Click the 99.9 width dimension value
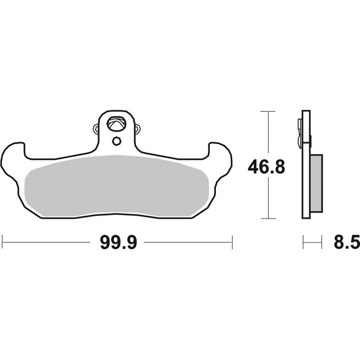(118, 243)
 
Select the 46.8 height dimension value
(266, 167)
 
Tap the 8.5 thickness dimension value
(346, 243)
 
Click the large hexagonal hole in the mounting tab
(117, 124)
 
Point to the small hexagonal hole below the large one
(117, 141)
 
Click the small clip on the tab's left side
(96, 129)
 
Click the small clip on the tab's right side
(137, 129)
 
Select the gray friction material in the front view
(117, 186)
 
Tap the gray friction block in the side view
(317, 183)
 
